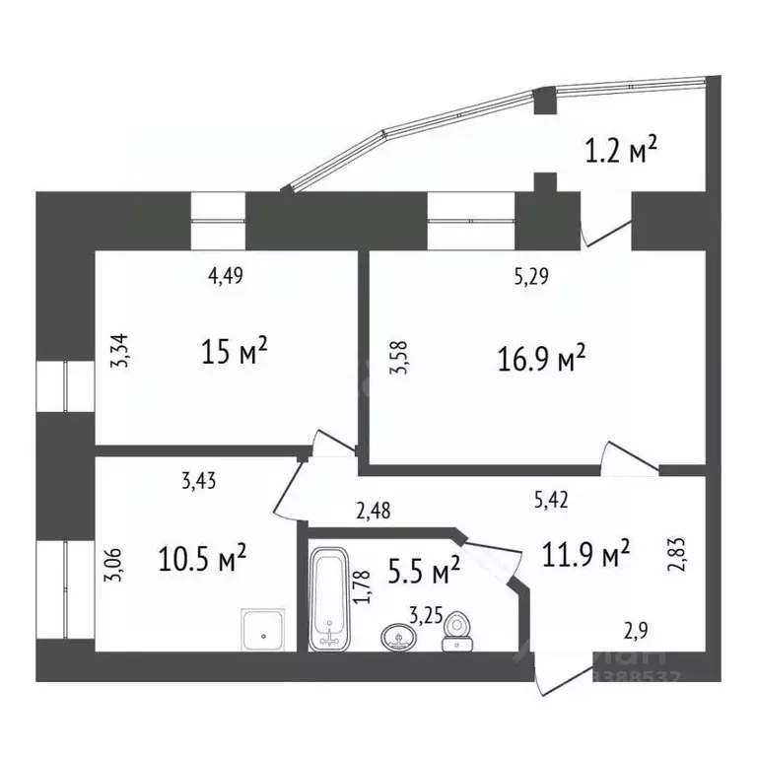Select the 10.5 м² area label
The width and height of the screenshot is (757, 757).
pyautogui.click(x=202, y=561)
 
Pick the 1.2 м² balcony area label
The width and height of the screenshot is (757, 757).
pyautogui.click(x=621, y=152)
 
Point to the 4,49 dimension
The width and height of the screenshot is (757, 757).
pyautogui.click(x=225, y=276)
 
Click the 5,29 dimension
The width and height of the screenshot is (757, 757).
pyautogui.click(x=531, y=277)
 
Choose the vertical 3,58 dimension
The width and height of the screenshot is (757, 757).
pyautogui.click(x=397, y=357)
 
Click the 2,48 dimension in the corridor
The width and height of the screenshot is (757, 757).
pyautogui.click(x=372, y=511)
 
